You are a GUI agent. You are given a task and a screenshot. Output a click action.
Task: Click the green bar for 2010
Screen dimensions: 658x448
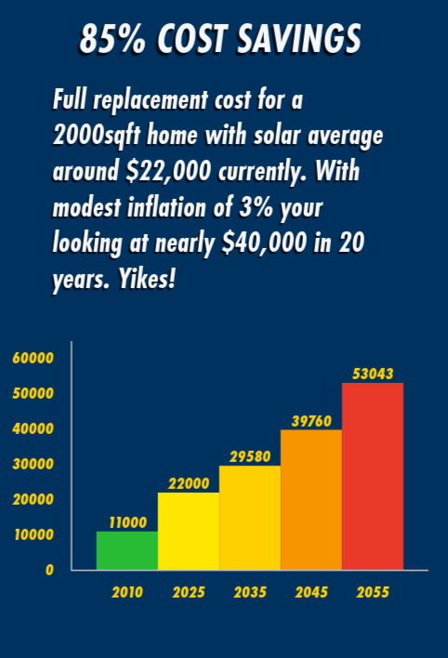point(126,550)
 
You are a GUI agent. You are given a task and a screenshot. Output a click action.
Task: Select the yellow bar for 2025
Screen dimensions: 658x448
point(188,531)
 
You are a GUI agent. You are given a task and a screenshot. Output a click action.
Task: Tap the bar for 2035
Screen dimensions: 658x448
point(249,518)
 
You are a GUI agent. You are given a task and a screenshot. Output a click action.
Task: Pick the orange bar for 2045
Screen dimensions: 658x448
point(310,500)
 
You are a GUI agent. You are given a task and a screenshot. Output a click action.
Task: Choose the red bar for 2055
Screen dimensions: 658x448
point(372,476)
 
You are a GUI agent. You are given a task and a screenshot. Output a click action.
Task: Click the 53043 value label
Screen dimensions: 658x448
point(372,374)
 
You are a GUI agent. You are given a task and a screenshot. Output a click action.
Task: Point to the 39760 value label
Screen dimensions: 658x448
point(310,421)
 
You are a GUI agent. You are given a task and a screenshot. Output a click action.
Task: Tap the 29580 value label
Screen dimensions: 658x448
point(249,456)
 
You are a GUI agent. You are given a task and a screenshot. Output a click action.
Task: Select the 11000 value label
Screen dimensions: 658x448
point(127,522)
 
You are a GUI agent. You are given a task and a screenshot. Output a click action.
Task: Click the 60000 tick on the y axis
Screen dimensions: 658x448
point(33,358)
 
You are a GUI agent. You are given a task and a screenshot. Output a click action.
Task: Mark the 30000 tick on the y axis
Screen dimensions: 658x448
point(33,464)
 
